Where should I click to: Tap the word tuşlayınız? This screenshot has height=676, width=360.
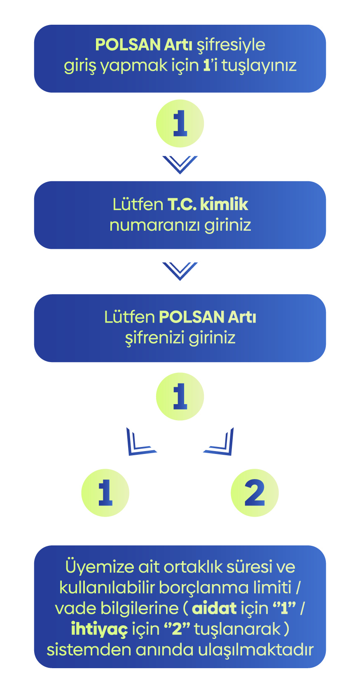point(259,66)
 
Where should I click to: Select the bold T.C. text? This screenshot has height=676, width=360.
point(182,204)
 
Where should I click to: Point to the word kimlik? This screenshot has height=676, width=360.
point(224,204)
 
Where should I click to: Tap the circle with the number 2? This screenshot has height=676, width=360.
point(255,493)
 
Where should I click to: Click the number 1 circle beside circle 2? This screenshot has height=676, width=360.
point(105,493)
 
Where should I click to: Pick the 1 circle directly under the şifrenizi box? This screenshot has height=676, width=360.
point(180,396)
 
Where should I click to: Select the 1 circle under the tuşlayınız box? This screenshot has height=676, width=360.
point(180,123)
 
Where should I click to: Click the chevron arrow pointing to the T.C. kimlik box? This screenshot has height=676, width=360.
point(180,164)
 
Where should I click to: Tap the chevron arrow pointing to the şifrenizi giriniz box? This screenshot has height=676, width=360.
point(180,271)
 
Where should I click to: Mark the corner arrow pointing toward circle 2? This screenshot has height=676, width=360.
point(220,442)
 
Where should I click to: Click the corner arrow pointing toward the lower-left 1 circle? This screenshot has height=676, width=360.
point(140,442)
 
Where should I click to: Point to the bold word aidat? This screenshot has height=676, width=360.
point(214,608)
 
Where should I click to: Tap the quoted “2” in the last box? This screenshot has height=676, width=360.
point(177,629)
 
